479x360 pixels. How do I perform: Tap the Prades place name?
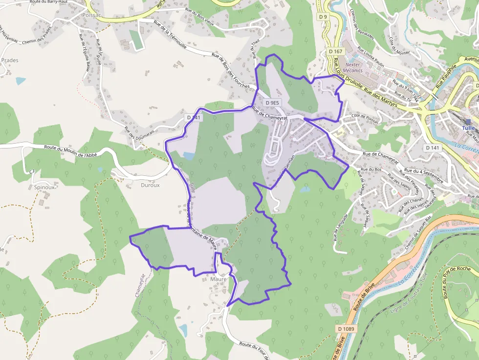pos(10,61)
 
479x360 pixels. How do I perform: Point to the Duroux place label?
pos(150,185)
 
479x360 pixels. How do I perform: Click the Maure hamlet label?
pos(218,279)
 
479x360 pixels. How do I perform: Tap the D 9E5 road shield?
pos(273,103)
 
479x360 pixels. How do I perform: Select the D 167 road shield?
pos(336,51)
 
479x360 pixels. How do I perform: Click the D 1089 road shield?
pos(346,329)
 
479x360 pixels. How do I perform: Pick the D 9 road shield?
pos(323,17)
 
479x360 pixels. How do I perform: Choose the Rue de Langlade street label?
pos(341,228)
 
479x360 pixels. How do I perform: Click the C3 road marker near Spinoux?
pos(32,171)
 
